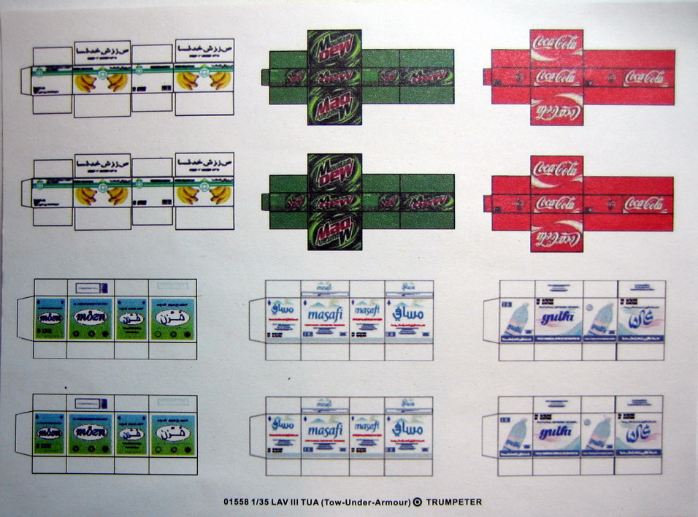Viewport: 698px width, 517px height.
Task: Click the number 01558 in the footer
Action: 236,502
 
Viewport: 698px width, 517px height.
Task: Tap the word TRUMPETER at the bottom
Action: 453,502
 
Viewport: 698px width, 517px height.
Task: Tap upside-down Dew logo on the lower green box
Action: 334,231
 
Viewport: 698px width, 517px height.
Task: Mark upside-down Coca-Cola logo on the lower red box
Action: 556,237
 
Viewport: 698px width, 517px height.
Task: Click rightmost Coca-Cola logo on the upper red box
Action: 644,77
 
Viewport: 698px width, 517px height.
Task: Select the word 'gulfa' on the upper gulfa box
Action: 558,318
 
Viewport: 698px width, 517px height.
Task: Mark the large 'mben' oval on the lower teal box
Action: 90,432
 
